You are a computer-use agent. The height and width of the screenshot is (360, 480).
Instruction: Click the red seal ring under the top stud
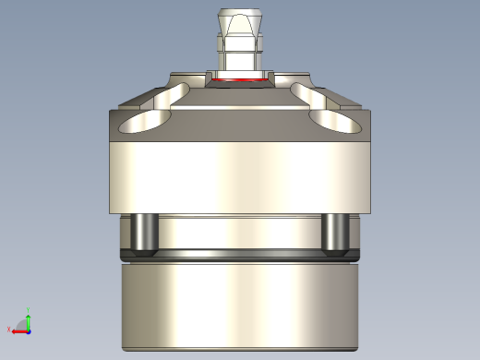click(x=238, y=81)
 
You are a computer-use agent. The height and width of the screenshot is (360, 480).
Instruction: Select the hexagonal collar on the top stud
click(x=238, y=43)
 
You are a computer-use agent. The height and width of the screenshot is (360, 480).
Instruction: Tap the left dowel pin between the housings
click(x=144, y=233)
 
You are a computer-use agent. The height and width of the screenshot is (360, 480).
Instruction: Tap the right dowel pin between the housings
click(x=334, y=233)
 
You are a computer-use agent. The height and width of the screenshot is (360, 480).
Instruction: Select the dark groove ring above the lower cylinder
click(x=238, y=258)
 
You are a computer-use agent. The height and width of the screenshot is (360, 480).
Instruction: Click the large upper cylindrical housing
click(x=238, y=175)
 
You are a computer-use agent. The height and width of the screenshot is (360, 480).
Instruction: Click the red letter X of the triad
click(x=10, y=330)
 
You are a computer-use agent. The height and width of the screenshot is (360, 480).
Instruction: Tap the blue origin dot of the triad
click(x=29, y=329)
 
